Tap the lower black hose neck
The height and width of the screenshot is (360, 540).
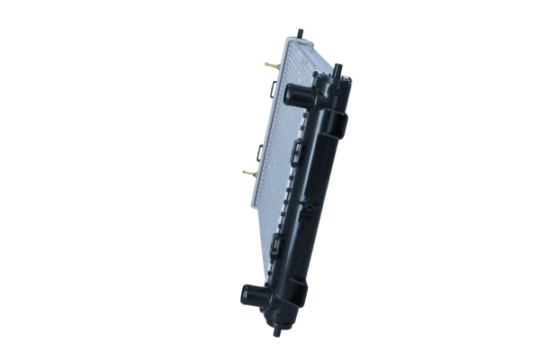[251, 294]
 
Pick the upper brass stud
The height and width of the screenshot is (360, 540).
[271, 65]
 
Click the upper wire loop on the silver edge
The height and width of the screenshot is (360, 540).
[272, 87]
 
